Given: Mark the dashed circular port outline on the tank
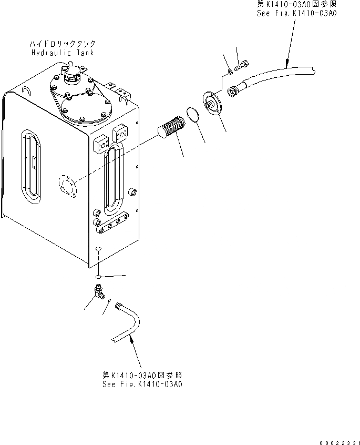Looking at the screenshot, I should (x=66, y=185).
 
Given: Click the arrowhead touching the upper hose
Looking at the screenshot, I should (x=286, y=63).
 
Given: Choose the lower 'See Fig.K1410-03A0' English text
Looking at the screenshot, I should (x=142, y=385).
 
